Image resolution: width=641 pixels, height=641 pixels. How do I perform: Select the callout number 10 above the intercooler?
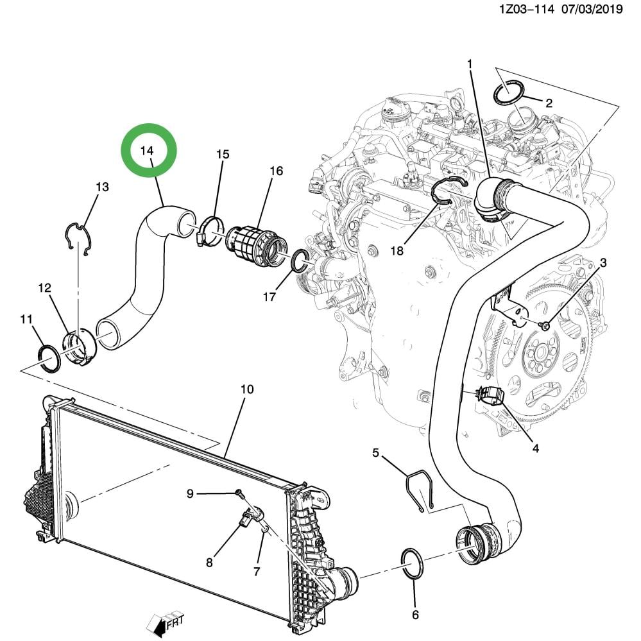point(247,389)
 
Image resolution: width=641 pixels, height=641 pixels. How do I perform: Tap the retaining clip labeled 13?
point(81,237)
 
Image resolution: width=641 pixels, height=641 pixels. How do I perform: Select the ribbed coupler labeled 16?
point(257,246)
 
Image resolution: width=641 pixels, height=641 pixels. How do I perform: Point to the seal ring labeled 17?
point(300,261)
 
